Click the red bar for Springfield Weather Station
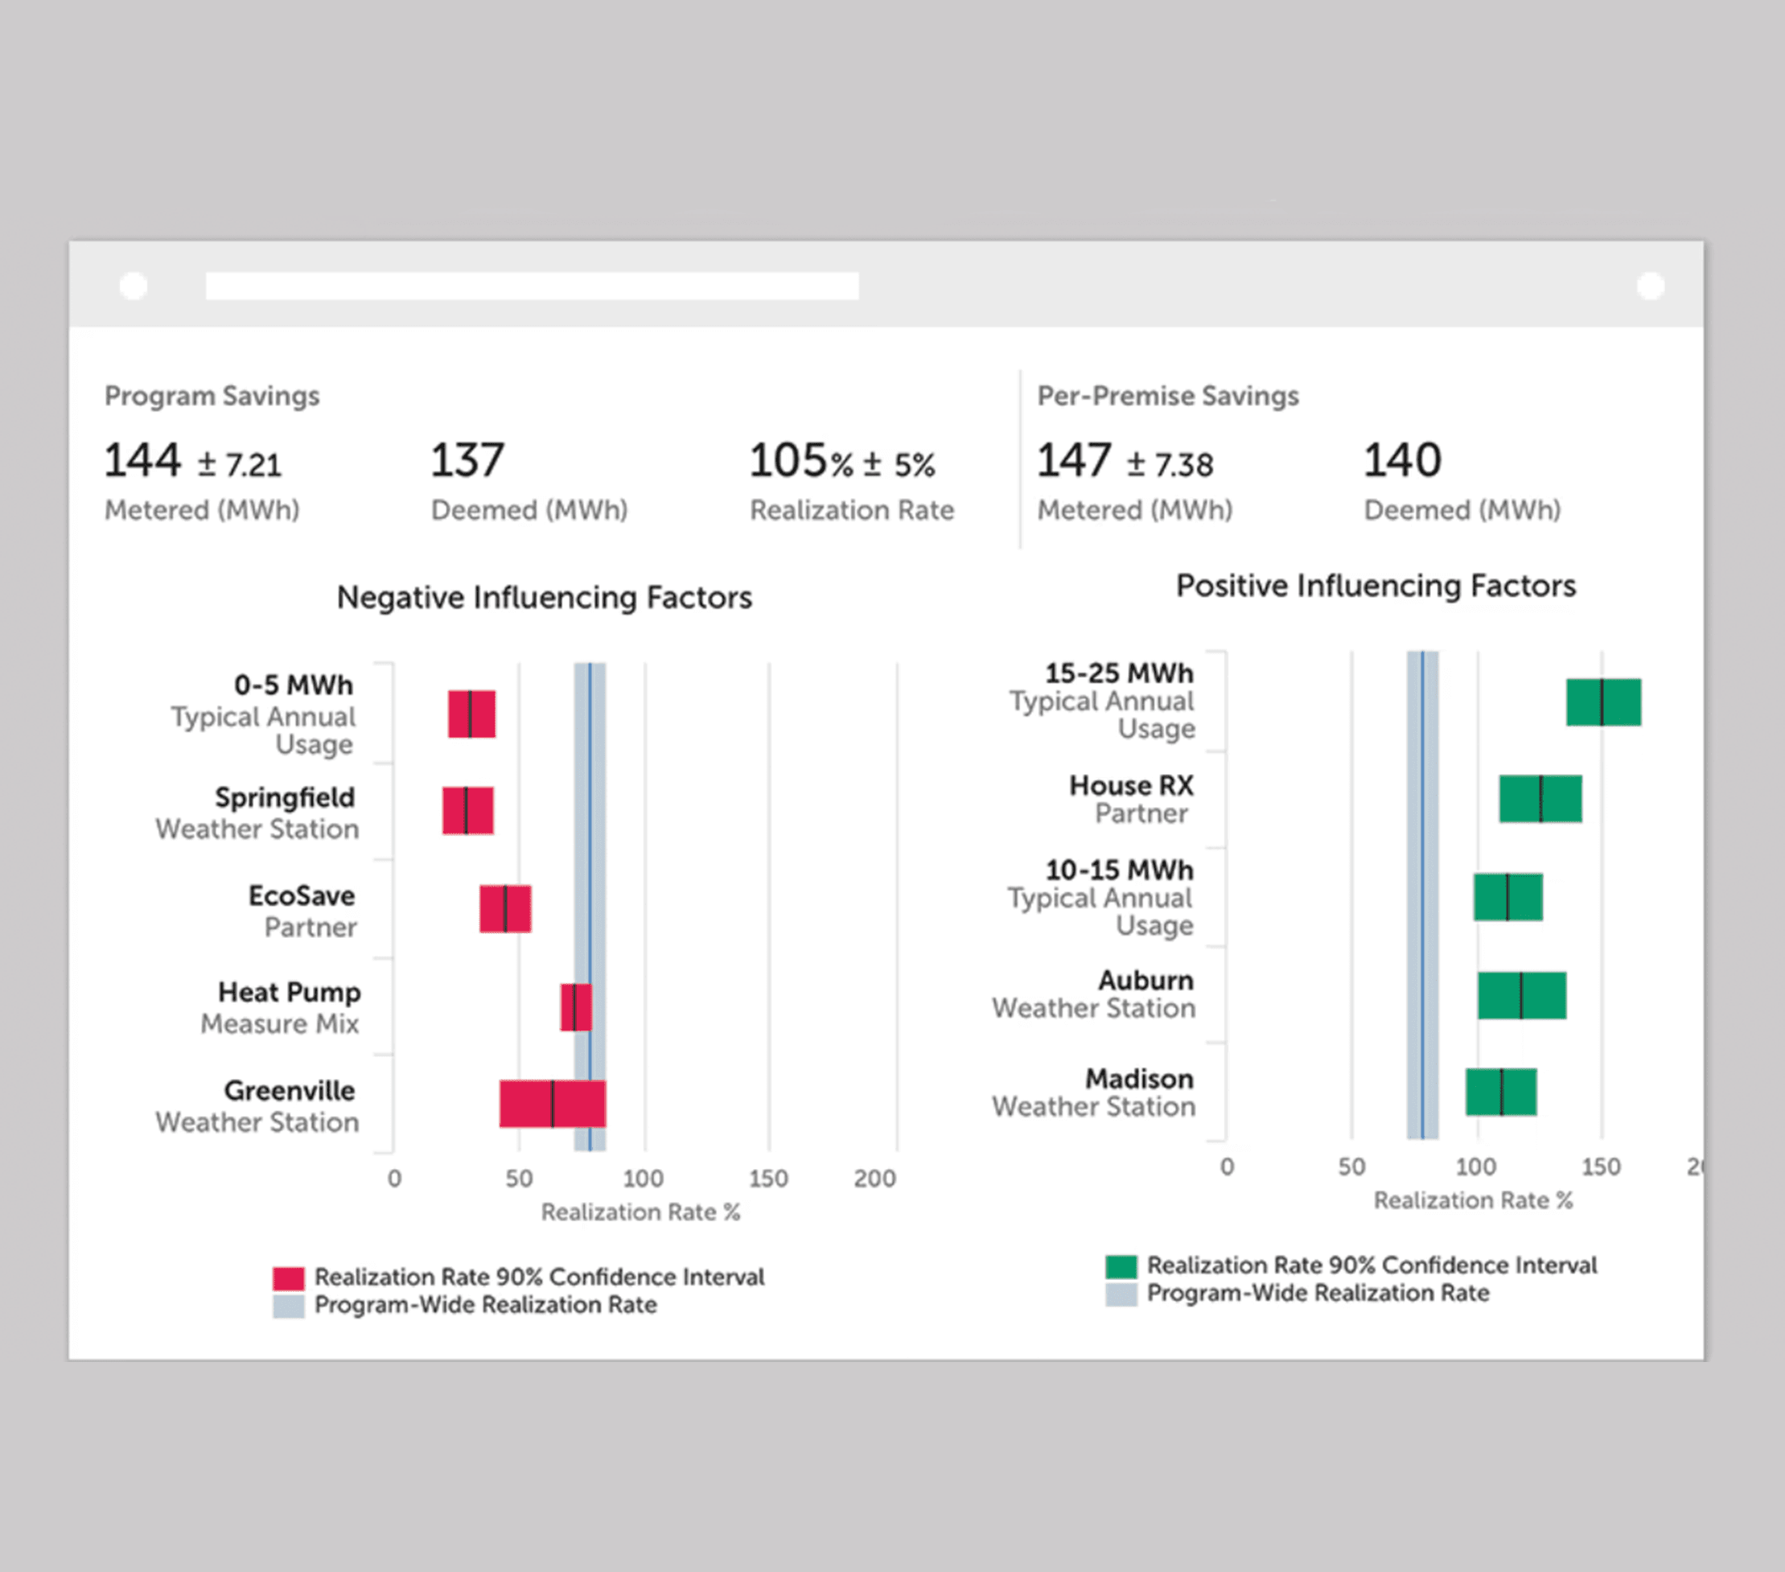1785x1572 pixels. tap(467, 810)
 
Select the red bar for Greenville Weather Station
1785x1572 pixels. tap(552, 1103)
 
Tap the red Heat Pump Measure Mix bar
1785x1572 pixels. tap(575, 1007)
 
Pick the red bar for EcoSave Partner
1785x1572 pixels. tap(504, 908)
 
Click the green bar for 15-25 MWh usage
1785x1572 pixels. tap(1602, 702)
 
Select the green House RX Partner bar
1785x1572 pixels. tap(1540, 797)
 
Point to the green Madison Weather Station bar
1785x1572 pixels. tap(1500, 1091)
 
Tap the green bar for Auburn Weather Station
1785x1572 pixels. tap(1520, 994)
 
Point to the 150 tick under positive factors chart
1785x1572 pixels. tap(1600, 1167)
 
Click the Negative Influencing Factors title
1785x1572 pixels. tap(544, 598)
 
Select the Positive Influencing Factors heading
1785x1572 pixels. tap(1376, 585)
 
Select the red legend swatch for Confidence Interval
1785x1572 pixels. tap(288, 1278)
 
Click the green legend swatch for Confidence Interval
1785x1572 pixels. tap(1121, 1265)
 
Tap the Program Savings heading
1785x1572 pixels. tap(212, 396)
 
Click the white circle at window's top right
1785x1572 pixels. tap(1650, 286)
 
